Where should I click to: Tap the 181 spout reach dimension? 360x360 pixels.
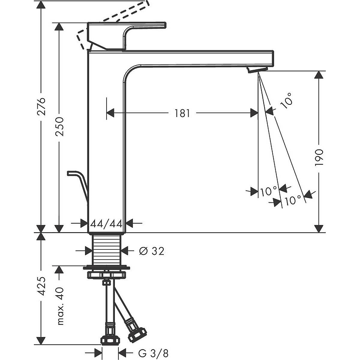click(182, 113)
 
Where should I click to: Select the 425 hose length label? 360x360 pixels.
click(41, 286)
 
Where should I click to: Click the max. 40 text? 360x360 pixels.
click(59, 306)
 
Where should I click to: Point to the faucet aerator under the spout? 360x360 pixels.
click(257, 69)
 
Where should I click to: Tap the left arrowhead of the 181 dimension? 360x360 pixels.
click(111, 113)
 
